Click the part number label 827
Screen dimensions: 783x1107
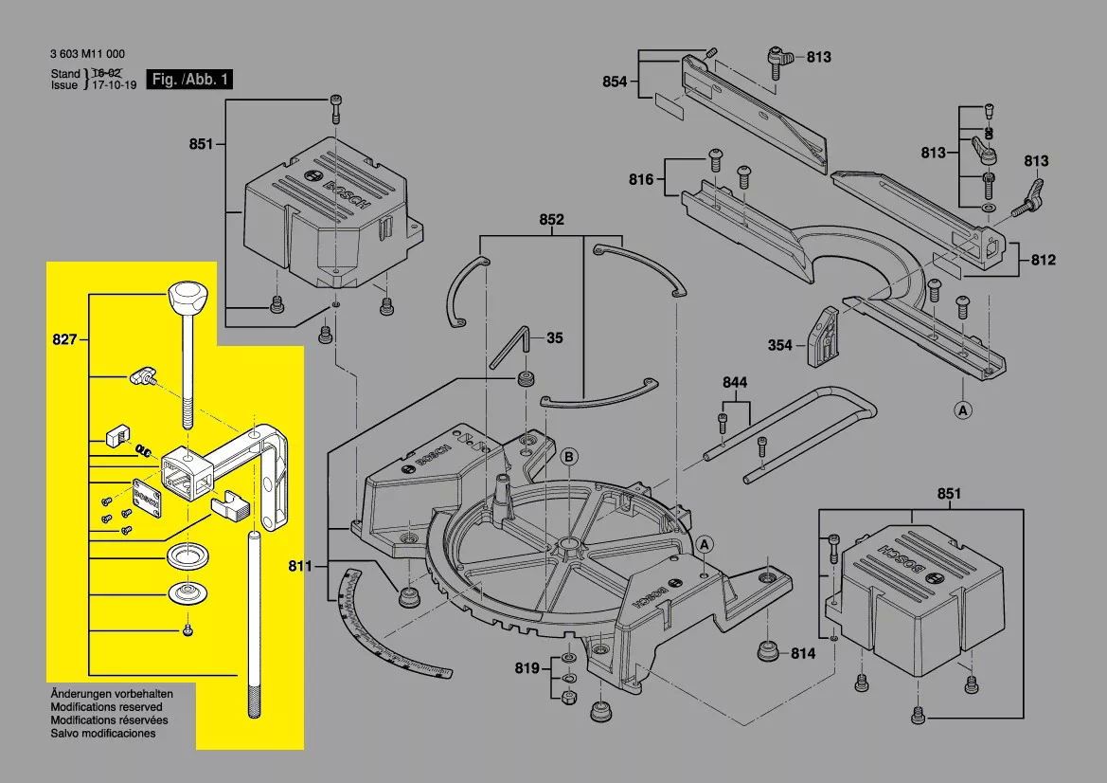point(63,338)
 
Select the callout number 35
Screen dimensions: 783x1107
point(555,337)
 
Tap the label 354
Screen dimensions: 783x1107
point(779,346)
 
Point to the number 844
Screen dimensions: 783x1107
point(735,382)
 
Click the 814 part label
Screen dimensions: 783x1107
point(803,654)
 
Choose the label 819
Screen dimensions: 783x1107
point(527,669)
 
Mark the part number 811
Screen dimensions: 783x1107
point(300,567)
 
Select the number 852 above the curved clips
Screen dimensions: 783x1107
point(551,220)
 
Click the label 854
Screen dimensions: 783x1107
point(616,82)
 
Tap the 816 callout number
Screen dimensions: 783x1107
point(641,179)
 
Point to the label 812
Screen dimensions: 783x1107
point(1044,260)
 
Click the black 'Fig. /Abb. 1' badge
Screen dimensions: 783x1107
point(189,80)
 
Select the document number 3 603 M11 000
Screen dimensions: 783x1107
point(87,55)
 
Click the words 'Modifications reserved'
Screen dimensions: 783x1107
point(106,707)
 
